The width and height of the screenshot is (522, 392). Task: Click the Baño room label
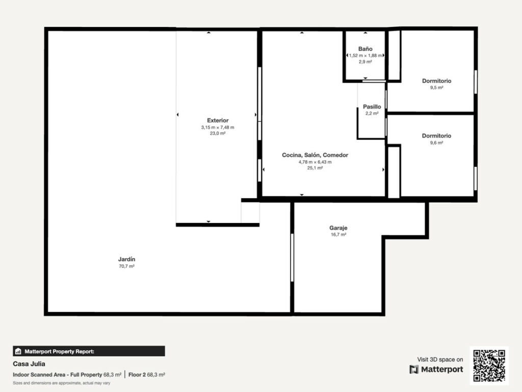365,48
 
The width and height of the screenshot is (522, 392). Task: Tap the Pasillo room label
372,107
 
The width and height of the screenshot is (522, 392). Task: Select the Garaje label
338,228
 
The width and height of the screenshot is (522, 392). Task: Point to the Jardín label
126,259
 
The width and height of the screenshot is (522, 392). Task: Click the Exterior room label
218,120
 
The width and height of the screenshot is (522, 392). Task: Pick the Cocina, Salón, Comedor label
315,155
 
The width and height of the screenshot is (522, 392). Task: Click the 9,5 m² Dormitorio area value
436,88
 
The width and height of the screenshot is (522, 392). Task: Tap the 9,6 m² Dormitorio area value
436,143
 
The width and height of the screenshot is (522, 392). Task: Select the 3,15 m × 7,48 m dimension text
218,127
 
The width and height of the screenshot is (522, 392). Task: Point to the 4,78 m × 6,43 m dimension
315,162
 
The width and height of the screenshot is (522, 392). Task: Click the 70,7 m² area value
126,266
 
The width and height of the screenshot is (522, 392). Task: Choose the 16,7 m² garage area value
338,235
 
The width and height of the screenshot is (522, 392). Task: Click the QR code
489,365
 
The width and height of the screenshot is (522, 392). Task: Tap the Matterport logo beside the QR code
436,370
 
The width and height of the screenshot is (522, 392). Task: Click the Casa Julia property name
29,363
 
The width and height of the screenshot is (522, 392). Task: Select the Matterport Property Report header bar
89,351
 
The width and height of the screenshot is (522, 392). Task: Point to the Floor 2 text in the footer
137,375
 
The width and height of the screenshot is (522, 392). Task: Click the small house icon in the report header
18,351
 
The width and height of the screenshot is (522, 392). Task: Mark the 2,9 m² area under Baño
365,62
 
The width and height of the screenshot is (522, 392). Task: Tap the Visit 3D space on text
440,359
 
